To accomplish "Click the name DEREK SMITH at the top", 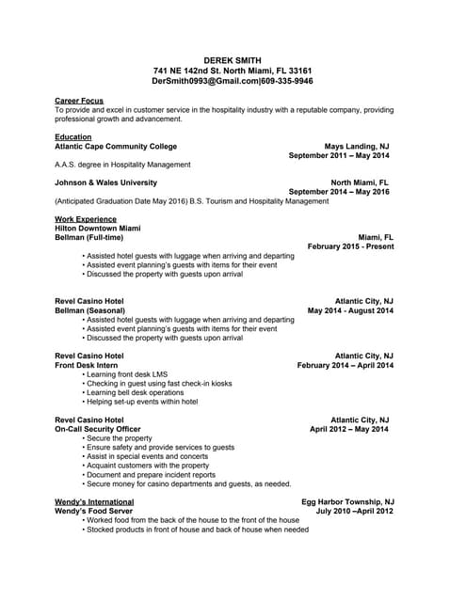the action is click(x=233, y=59).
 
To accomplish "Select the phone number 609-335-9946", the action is click(x=287, y=82).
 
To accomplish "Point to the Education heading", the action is click(x=73, y=137).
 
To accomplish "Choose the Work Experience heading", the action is click(x=86, y=219).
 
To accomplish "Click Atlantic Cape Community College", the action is click(x=116, y=147).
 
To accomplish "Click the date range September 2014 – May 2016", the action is click(x=339, y=192).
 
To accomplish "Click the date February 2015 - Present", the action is click(x=350, y=246).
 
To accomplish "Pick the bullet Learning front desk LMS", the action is click(x=127, y=374).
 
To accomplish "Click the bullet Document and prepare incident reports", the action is click(x=155, y=475).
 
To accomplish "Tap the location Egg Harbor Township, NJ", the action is click(x=346, y=502).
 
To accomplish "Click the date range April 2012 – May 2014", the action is click(x=348, y=429).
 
